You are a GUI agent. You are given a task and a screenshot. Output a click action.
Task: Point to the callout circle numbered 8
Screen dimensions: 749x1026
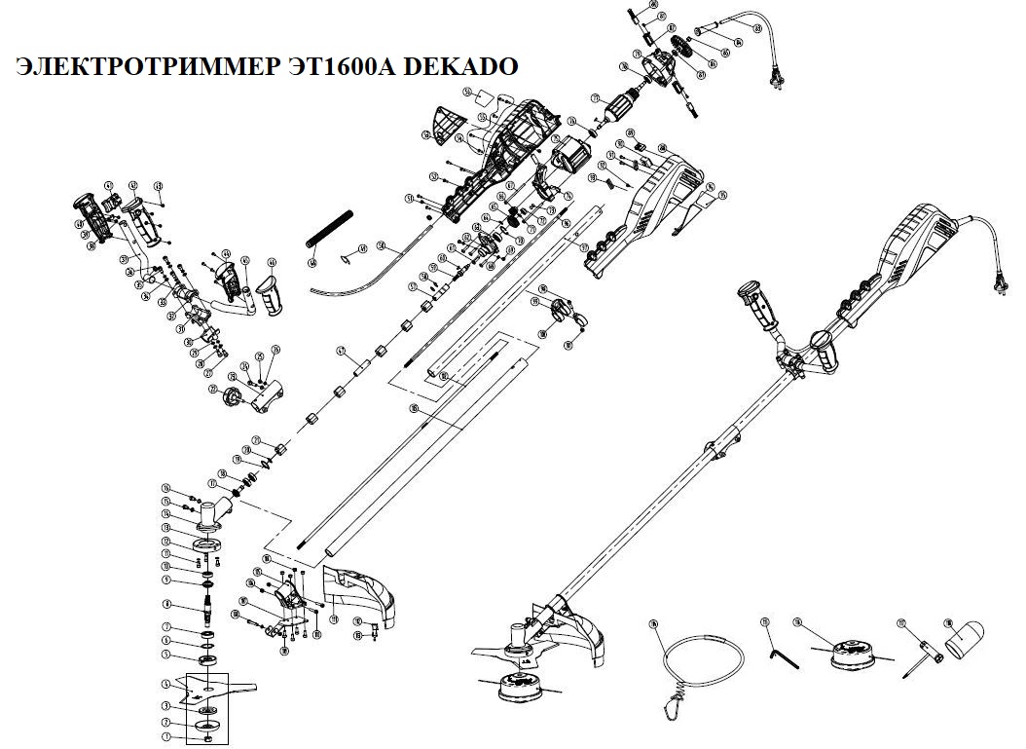[166, 604]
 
